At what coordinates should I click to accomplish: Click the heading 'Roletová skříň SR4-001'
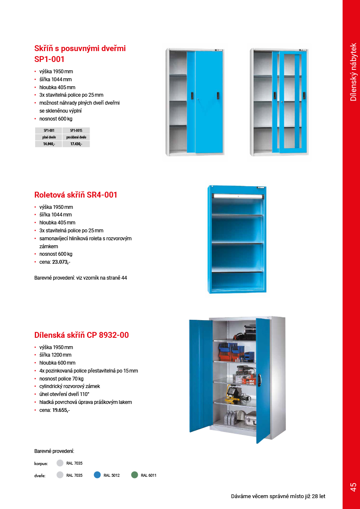(76, 195)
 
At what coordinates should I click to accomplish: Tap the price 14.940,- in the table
(49, 144)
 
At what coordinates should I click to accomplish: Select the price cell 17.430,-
(76, 144)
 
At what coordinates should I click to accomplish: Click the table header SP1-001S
(76, 130)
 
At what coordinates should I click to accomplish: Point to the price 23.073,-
(61, 262)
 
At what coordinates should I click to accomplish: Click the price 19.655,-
(61, 410)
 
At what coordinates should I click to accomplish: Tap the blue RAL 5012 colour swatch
(97, 475)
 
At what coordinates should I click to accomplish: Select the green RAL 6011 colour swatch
(134, 475)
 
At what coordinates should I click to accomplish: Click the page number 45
(353, 487)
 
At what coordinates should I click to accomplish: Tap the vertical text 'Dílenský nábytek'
(353, 72)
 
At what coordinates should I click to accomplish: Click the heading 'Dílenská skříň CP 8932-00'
(82, 335)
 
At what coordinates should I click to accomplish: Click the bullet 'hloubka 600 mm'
(57, 363)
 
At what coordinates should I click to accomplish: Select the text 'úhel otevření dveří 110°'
(64, 394)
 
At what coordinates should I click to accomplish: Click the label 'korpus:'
(41, 464)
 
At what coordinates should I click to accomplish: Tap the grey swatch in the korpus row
(60, 463)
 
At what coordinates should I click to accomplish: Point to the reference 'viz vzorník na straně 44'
(102, 278)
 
